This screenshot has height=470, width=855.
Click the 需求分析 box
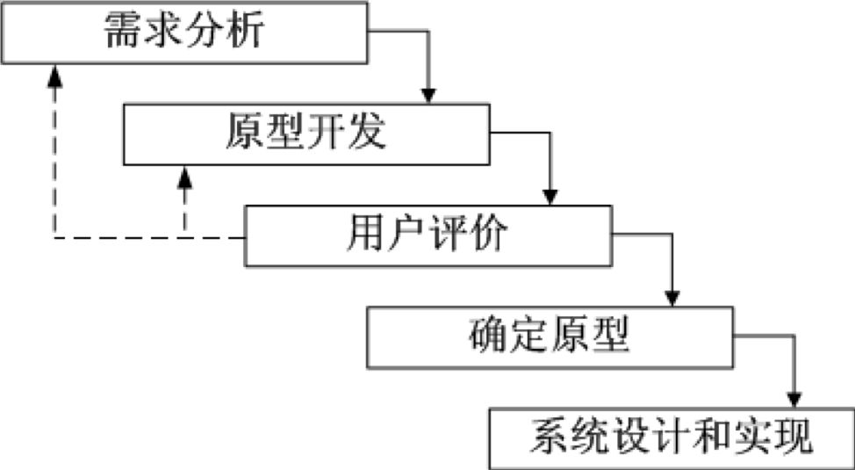coord(183,33)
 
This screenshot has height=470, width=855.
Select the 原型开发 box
coord(305,134)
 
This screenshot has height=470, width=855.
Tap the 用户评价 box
coord(427,235)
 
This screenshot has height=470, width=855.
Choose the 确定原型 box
coord(550,336)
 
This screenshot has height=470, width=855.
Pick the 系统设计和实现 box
coord(672,437)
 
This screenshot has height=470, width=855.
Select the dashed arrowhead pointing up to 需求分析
coord(54,74)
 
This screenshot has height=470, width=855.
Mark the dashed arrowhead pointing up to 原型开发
coord(184,175)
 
